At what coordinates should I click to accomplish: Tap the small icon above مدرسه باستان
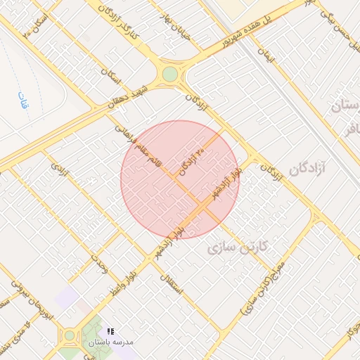pos(110,330)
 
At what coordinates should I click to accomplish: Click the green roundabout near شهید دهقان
pos(170,75)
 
